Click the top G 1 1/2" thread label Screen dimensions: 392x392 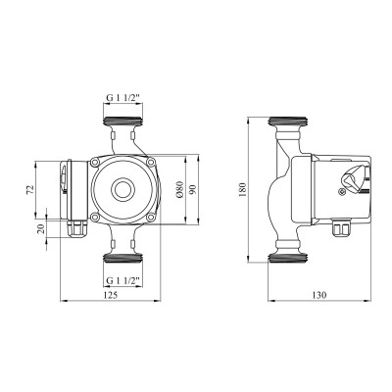(122, 97)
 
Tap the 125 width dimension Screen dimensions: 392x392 (112, 296)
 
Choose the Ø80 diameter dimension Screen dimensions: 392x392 (180, 189)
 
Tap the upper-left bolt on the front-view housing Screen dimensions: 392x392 (93, 162)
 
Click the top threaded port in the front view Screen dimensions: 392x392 (122, 125)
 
